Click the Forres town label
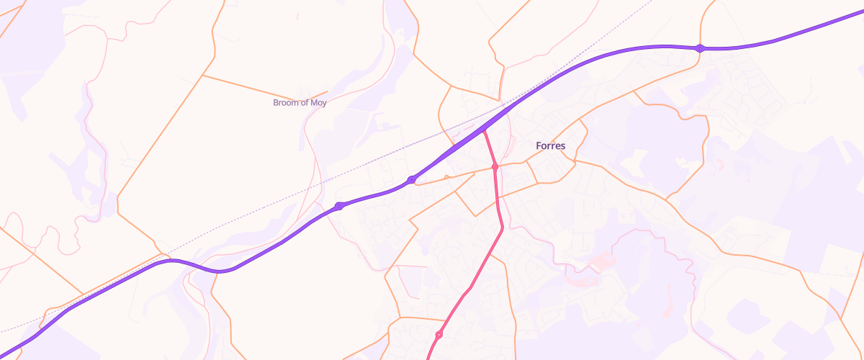click(551, 145)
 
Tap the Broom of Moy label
click(300, 103)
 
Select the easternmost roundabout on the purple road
click(699, 48)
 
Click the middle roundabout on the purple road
click(411, 179)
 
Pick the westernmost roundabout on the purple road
click(339, 206)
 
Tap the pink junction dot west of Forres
click(495, 166)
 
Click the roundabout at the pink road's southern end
click(438, 335)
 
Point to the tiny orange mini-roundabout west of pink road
click(446, 176)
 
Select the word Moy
click(318, 103)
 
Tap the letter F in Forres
click(539, 145)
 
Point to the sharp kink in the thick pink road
click(502, 228)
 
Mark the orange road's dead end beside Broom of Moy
click(328, 91)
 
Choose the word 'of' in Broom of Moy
click(305, 103)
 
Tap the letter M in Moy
click(313, 103)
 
